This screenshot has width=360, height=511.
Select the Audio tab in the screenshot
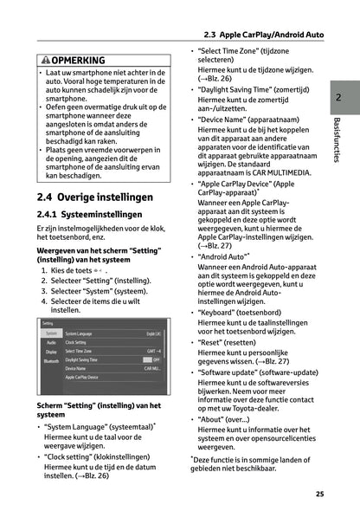[x=51, y=343]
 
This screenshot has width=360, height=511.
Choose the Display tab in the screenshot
[x=52, y=353]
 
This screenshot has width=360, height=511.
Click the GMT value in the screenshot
[x=153, y=350]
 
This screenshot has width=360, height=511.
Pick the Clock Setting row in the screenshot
[x=82, y=342]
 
